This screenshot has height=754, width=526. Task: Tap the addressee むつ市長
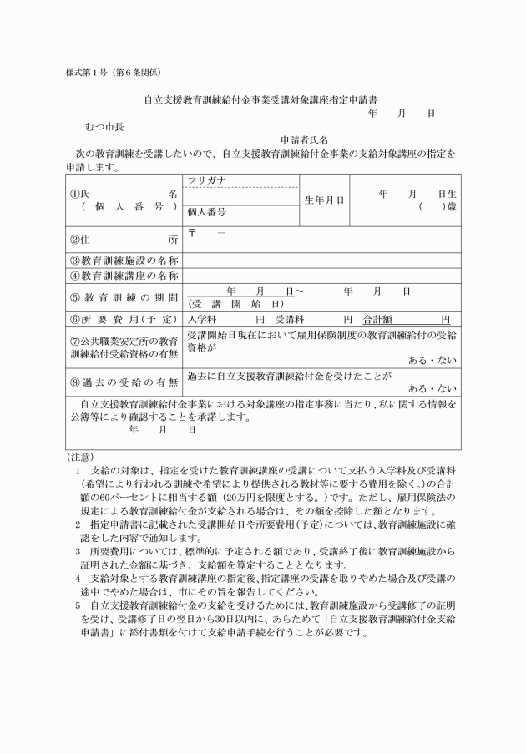pyautogui.click(x=104, y=126)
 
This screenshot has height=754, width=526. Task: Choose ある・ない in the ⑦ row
pyautogui.click(x=432, y=359)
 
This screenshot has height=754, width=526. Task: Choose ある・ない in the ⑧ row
pyautogui.click(x=432, y=388)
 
